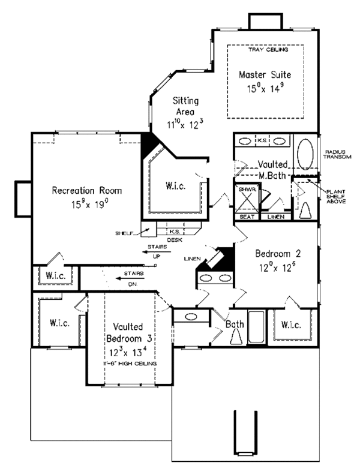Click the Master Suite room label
coord(265,75)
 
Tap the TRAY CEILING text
coord(265,50)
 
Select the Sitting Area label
coord(182,106)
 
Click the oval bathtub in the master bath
coord(305,155)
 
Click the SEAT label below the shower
coord(246,217)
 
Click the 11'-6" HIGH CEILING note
coord(127,364)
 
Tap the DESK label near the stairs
coord(175,239)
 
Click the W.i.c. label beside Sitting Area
coord(175,187)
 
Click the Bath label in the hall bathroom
coord(235,324)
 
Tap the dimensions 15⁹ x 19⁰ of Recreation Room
coord(88,205)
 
